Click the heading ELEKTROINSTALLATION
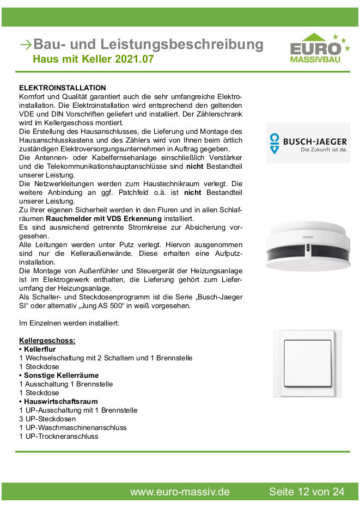click(62, 88)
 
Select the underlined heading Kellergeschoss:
click(47, 340)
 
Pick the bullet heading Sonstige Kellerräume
click(59, 375)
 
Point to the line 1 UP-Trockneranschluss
click(59, 436)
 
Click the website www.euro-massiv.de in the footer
click(180, 492)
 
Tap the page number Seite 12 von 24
click(307, 492)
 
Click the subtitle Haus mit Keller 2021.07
click(93, 59)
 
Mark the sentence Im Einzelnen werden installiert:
click(69, 323)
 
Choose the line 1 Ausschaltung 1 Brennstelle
click(66, 384)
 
